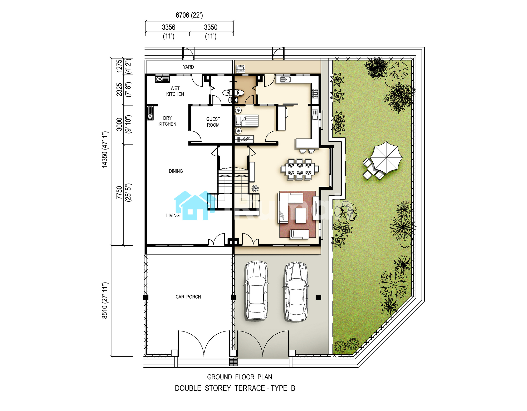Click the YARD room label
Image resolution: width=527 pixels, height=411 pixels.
(188, 67)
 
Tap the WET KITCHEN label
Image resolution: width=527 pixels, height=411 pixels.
(175, 91)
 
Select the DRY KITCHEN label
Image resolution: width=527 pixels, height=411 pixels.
(167, 121)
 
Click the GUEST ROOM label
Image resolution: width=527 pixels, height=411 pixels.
(213, 122)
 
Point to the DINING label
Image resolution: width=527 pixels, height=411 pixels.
(176, 171)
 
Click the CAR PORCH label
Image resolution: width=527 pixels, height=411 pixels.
(188, 297)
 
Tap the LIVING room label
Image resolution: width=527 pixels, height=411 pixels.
(173, 215)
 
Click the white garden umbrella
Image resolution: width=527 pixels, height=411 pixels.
(386, 157)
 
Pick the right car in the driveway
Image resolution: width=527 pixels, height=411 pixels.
(296, 291)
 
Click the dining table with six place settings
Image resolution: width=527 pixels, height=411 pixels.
(300, 169)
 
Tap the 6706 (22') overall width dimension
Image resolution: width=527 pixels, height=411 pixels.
(189, 15)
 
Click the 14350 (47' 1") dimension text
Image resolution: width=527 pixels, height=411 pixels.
(105, 149)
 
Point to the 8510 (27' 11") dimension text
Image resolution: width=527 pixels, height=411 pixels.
(105, 301)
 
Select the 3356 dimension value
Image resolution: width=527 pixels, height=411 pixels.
(169, 27)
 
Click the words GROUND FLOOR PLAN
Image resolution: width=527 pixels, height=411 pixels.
(240, 377)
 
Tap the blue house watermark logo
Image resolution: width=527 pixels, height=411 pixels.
(195, 206)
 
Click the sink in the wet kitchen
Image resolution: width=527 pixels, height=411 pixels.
(162, 79)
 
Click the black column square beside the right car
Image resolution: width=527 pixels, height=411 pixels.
(319, 298)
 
